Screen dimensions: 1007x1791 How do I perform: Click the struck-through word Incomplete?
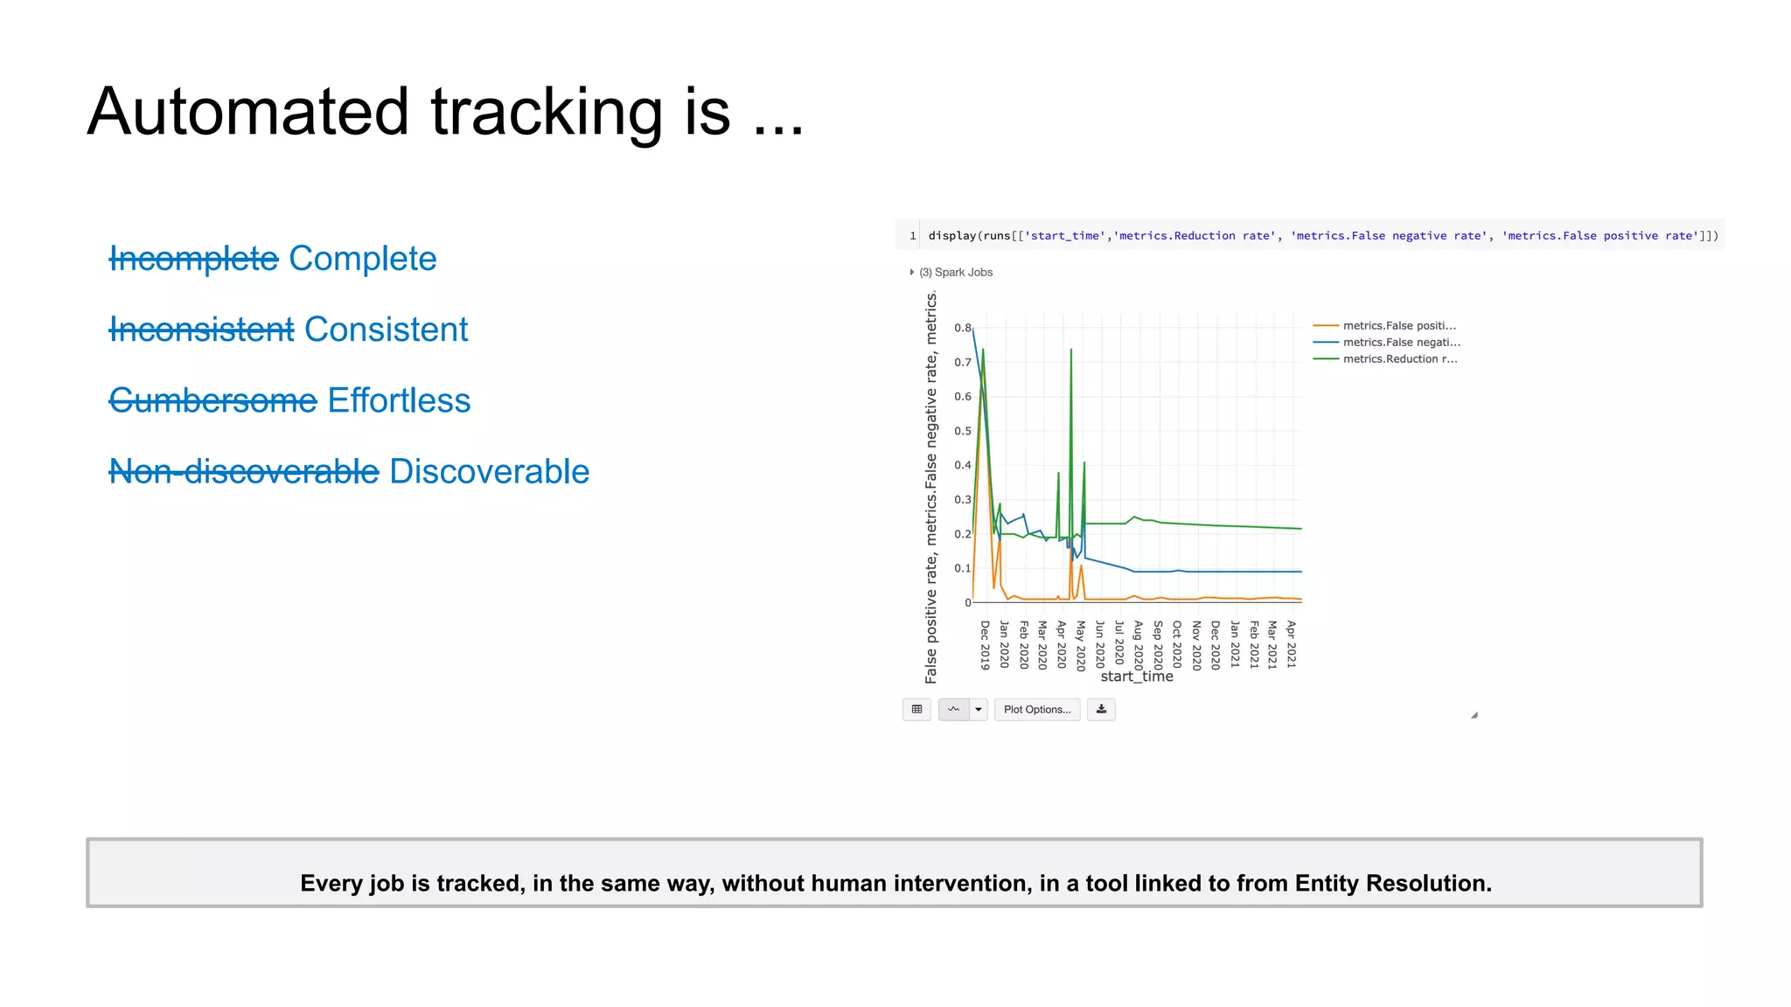click(193, 259)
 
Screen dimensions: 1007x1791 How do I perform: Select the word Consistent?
click(386, 330)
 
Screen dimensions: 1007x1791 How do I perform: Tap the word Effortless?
click(399, 400)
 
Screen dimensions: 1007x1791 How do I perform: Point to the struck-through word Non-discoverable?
click(244, 471)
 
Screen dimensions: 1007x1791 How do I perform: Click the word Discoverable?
click(489, 471)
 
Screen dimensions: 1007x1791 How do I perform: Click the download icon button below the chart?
click(1101, 709)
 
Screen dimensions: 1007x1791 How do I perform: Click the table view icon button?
click(916, 709)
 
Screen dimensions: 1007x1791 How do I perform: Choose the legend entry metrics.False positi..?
click(1398, 325)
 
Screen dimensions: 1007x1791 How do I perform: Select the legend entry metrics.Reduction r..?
click(1399, 358)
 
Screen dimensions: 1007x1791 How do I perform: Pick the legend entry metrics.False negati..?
click(1401, 342)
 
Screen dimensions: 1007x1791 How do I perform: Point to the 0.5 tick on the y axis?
click(962, 431)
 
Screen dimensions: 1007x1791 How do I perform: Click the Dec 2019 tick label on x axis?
click(985, 645)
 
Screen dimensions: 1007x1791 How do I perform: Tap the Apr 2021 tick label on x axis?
click(1291, 645)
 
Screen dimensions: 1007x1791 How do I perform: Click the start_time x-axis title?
click(1136, 677)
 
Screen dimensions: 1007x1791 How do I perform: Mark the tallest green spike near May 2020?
click(1070, 351)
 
